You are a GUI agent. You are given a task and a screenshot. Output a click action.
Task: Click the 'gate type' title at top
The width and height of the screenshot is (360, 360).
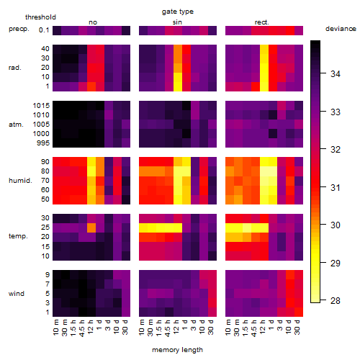pos(178,12)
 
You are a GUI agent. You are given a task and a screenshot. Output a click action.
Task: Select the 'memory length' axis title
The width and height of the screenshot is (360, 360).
pos(177,350)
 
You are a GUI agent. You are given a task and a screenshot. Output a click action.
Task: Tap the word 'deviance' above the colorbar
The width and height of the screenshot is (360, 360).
pos(341,29)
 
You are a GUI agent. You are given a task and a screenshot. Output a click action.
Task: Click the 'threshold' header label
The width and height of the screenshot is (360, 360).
pos(40,17)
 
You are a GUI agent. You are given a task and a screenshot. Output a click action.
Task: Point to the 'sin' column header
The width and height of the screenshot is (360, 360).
pos(177,22)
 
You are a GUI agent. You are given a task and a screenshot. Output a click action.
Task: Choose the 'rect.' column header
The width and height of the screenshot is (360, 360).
pos(261,22)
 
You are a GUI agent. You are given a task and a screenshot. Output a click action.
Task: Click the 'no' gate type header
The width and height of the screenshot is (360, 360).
pos(93,22)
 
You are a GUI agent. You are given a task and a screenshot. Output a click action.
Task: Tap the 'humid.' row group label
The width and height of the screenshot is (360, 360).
pos(20,180)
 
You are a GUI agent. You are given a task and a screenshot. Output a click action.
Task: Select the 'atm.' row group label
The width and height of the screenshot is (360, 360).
pos(16,125)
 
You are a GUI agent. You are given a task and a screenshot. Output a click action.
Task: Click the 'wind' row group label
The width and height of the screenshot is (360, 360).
pos(17,293)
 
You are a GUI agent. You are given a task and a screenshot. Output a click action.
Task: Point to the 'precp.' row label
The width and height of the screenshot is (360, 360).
pos(19,29)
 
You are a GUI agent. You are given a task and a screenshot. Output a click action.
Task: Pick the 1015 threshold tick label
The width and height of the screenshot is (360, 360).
pos(41,105)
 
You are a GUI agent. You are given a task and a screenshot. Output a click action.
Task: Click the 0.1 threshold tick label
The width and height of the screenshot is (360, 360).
pos(44,30)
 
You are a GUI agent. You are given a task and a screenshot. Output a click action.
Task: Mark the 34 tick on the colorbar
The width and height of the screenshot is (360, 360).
pos(336,74)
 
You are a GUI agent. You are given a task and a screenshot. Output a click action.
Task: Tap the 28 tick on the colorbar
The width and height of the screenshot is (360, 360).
pos(336,300)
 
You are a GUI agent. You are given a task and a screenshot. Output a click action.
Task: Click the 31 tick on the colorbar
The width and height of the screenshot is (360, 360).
pos(336,187)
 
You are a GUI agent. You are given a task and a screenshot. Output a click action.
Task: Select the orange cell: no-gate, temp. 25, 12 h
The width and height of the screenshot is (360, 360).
pos(91,228)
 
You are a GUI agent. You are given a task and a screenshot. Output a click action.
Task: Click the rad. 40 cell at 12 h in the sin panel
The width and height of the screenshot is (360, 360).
pos(178,49)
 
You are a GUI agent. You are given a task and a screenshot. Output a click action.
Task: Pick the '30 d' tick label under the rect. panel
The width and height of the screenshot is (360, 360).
pos(297,327)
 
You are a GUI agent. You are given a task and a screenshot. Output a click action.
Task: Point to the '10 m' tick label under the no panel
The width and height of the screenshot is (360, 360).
pos(55,328)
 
